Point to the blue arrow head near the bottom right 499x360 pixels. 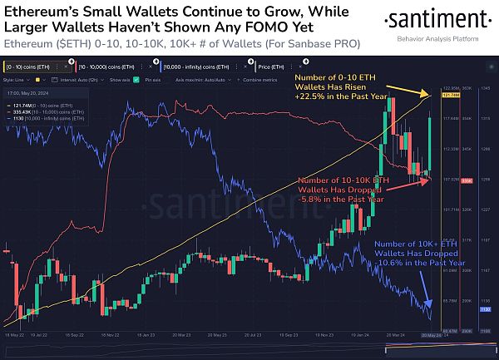point(430,310)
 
